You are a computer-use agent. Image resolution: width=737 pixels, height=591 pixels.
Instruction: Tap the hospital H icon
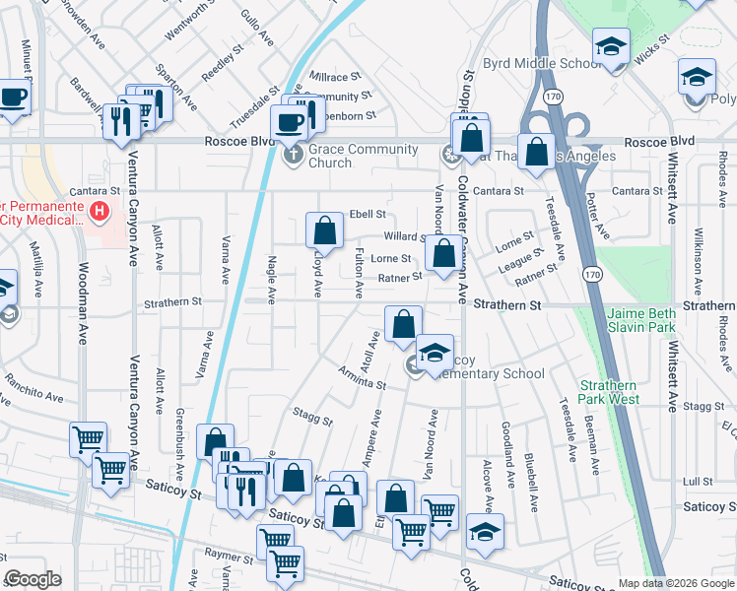[99, 211]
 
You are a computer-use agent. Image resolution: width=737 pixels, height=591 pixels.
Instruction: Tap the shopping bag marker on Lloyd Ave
[324, 232]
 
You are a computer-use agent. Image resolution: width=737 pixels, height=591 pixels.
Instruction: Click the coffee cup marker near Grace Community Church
[290, 123]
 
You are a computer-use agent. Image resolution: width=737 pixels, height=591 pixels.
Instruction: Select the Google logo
[33, 580]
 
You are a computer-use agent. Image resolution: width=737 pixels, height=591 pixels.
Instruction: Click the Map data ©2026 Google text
[676, 583]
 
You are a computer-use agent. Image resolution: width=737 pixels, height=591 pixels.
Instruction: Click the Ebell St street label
[367, 214]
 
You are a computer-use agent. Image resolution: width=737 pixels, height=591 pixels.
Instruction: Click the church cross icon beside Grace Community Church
[293, 155]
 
